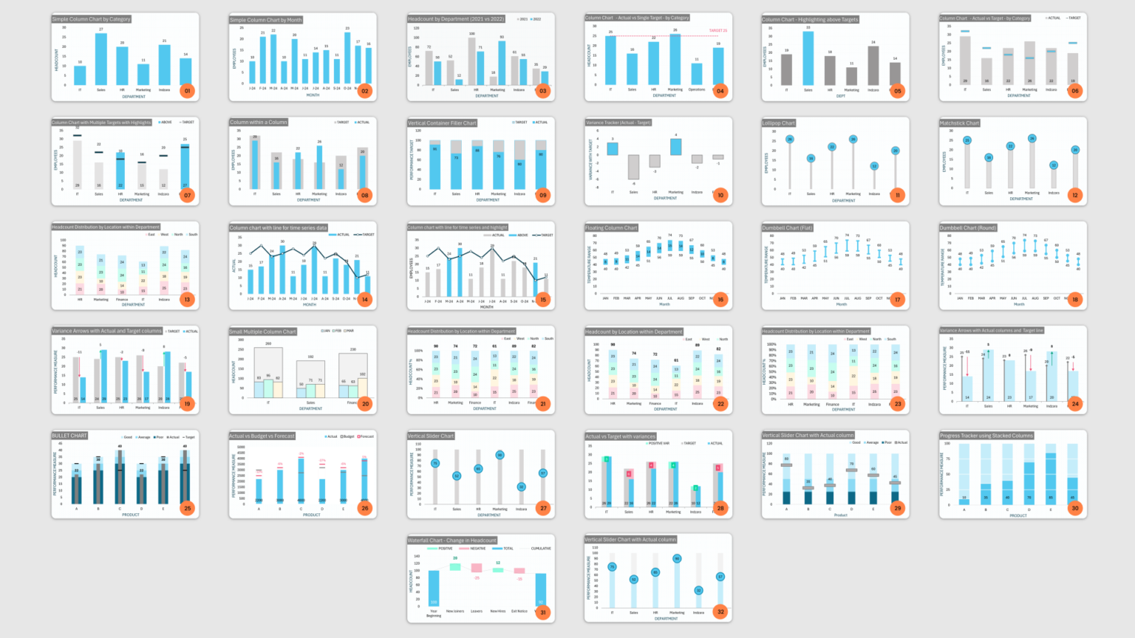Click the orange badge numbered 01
pos(188,91)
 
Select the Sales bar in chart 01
pos(100,59)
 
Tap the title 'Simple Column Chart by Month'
pos(266,20)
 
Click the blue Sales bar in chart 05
pos(808,58)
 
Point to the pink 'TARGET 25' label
pos(718,31)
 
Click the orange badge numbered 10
pos(720,195)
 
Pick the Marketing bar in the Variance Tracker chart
pos(675,146)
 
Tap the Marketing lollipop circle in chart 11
pos(853,140)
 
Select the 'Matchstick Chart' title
pos(960,123)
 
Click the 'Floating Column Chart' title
pos(611,227)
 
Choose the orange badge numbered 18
pos(1075,299)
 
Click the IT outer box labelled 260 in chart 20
pos(268,373)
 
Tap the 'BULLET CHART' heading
pos(69,436)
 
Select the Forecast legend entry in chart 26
pos(366,436)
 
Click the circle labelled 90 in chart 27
pos(500,455)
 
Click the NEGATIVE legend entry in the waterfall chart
pos(476,549)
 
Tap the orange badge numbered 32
pos(720,611)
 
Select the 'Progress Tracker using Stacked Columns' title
pos(986,436)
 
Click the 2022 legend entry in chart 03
pos(536,19)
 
